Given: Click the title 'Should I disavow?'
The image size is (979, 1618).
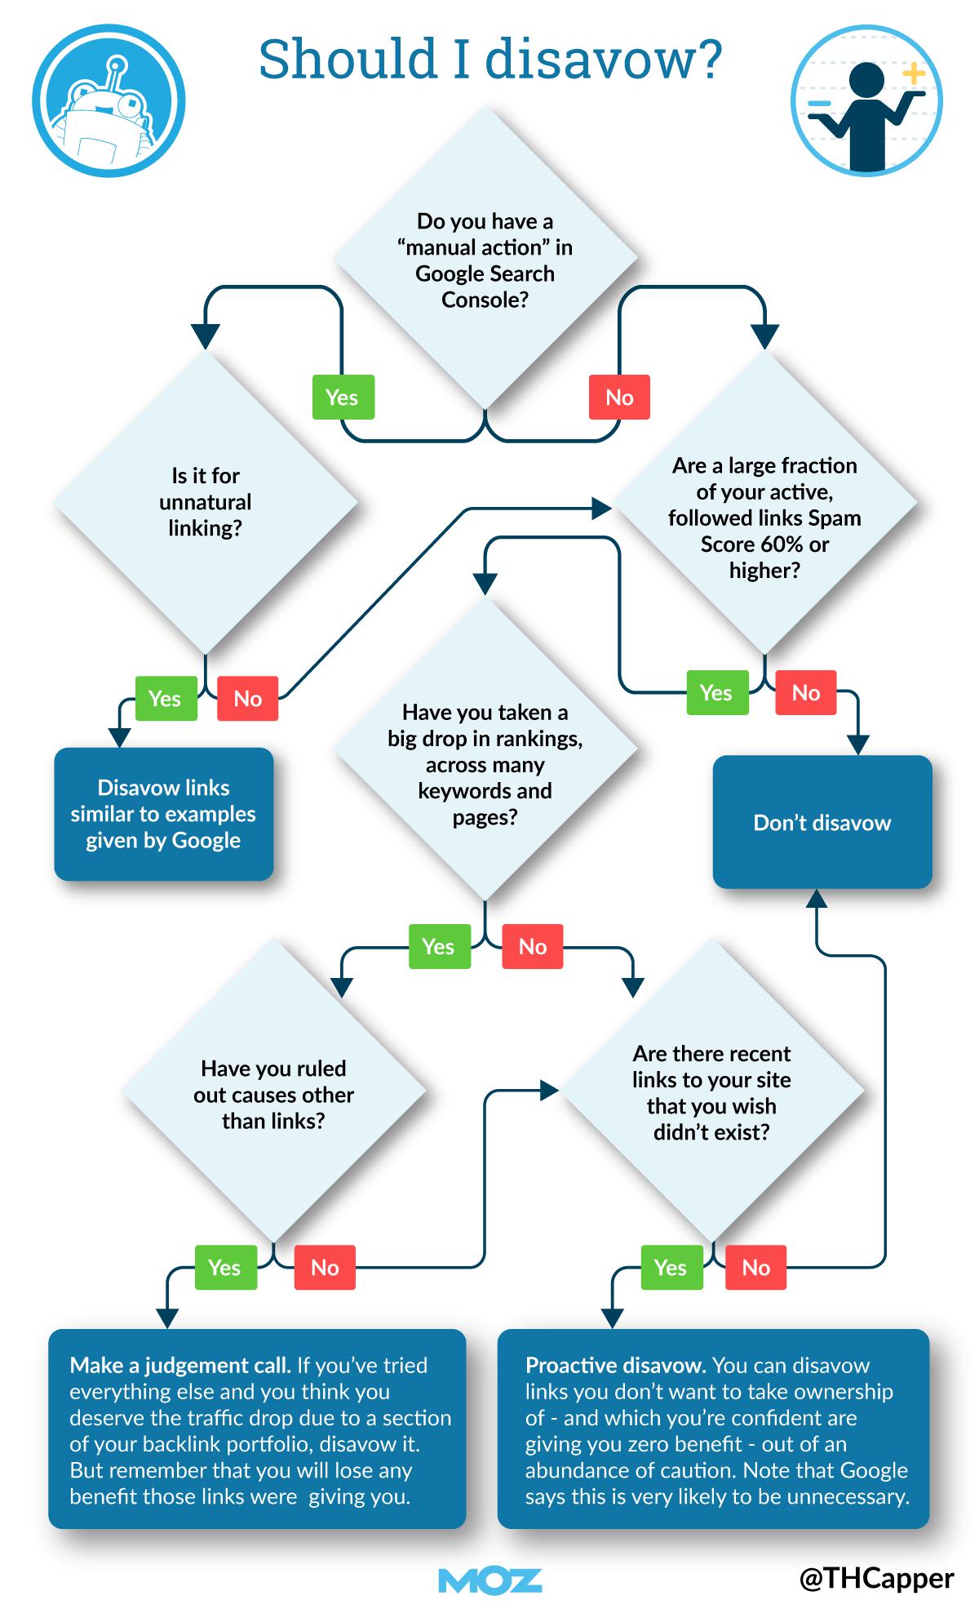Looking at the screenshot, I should click(x=489, y=60).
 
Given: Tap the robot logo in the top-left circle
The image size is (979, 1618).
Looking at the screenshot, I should click(x=109, y=100).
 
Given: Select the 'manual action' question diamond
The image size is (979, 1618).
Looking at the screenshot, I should click(x=485, y=260).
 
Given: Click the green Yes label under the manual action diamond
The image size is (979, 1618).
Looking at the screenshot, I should click(x=343, y=398).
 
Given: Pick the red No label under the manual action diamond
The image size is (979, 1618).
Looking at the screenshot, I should click(x=619, y=398).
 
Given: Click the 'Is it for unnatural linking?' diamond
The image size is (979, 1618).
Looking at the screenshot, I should click(x=205, y=501).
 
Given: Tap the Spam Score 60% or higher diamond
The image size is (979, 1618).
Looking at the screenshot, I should click(x=764, y=518).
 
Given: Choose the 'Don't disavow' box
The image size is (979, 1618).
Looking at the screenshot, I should click(x=822, y=822).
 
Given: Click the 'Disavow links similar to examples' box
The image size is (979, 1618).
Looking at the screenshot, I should click(x=163, y=814).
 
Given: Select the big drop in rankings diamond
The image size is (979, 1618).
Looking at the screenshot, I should click(x=485, y=764).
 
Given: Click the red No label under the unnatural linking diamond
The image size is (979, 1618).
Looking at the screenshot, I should click(x=247, y=698).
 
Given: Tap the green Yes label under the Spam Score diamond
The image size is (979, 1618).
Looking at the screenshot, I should click(x=716, y=692).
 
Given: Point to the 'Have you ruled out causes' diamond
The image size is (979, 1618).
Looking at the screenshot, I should click(x=273, y=1094).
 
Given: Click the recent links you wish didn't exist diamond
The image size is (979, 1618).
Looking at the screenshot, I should click(x=711, y=1092).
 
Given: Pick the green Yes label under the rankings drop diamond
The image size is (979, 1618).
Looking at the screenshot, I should click(x=439, y=946).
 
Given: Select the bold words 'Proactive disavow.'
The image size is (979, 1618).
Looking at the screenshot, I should click(x=616, y=1365).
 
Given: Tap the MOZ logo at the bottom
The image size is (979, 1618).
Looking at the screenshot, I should click(x=489, y=1580).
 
